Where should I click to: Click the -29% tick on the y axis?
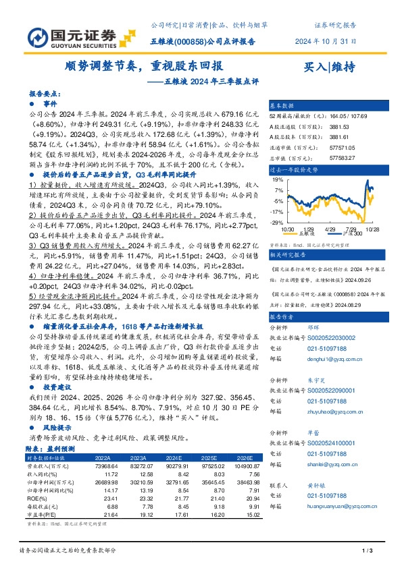pyautogui.click(x=278, y=222)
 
